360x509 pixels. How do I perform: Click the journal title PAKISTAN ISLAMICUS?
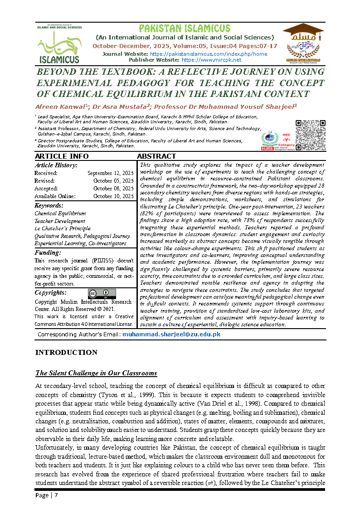pos(185,29)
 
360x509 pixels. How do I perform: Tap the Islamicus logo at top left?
pos(59,44)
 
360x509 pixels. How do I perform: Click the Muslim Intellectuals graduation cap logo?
pos(303,43)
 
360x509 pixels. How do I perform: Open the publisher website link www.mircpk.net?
pos(211,60)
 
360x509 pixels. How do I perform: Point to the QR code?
pos(310,135)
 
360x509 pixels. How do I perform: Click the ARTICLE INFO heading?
pos(62,156)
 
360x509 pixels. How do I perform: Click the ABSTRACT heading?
pos(156,156)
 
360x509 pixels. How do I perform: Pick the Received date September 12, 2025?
pos(110,173)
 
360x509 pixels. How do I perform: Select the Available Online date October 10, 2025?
pos(113,196)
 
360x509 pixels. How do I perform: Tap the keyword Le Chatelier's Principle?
pos(63,228)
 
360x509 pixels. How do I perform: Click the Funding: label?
pos(48,252)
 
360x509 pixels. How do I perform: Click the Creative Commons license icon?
pos(102,294)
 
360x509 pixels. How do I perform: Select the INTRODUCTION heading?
pos(66,353)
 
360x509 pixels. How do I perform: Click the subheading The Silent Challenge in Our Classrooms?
pos(96,373)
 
